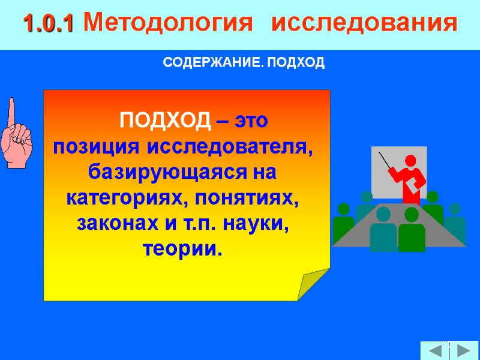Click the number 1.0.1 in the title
point(47,23)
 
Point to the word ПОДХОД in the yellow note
point(166,121)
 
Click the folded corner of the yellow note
point(314,283)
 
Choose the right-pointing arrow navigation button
point(464,351)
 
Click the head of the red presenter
point(411,161)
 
